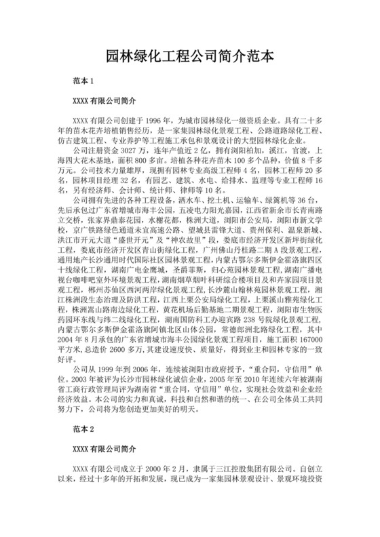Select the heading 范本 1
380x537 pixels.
pos(83,81)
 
